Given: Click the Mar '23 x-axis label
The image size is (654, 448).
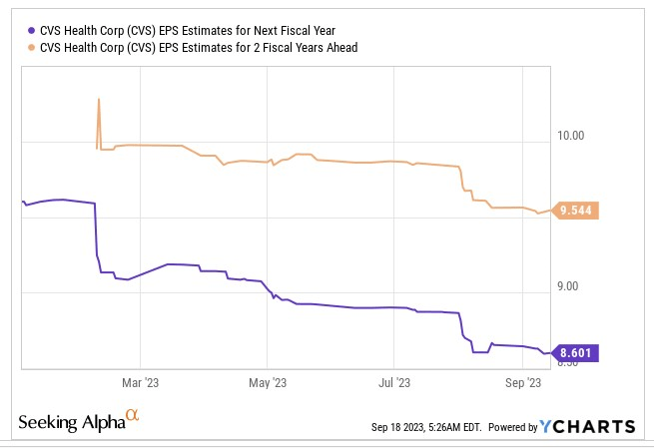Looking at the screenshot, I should [140, 382].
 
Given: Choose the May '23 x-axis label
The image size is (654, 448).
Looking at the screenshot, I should [267, 382].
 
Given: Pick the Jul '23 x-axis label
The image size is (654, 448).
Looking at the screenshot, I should [394, 382].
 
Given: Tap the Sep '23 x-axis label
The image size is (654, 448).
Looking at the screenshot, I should [522, 382].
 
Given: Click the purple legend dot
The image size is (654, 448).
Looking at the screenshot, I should [35, 30].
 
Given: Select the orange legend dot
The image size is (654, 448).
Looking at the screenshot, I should [35, 46].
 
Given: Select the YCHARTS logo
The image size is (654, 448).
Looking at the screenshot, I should [587, 426].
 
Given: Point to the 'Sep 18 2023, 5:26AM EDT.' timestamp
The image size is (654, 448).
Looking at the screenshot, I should [425, 427].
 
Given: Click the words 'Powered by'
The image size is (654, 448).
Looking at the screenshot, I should [511, 427].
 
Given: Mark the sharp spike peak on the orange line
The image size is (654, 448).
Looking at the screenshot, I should [98, 99].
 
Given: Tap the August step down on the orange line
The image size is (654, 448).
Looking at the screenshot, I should [463, 181].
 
